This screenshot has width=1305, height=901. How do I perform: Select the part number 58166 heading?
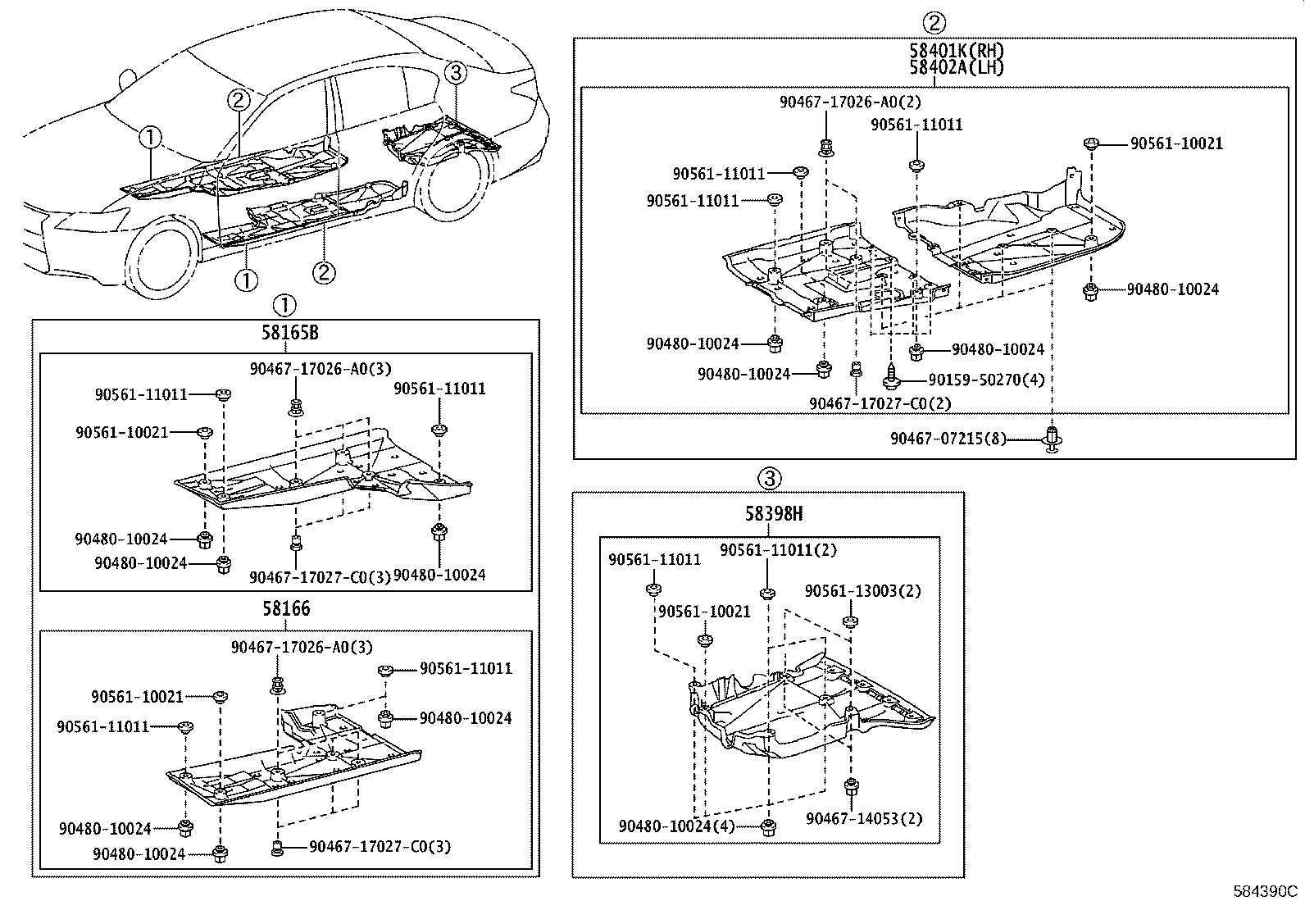[286, 609]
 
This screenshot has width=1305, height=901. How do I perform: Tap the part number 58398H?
[773, 514]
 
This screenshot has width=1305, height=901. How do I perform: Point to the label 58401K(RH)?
[956, 51]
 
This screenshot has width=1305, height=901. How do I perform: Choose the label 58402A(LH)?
[956, 67]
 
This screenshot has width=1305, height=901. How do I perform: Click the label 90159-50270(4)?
[986, 380]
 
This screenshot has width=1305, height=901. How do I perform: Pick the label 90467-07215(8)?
[948, 439]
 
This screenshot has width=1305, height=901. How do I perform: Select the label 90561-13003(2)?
[862, 591]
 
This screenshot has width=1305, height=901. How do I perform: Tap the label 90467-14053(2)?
[863, 818]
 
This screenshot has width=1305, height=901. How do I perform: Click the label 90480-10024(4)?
[677, 826]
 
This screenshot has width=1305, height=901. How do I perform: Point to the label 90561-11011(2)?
[778, 550]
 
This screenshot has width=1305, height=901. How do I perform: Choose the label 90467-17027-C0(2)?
[868, 403]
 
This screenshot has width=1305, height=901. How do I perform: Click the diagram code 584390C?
[1266, 890]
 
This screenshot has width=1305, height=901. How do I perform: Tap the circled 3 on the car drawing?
[456, 73]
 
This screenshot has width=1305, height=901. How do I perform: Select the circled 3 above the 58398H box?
[768, 477]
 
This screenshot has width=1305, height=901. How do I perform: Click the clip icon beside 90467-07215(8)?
[1052, 438]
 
